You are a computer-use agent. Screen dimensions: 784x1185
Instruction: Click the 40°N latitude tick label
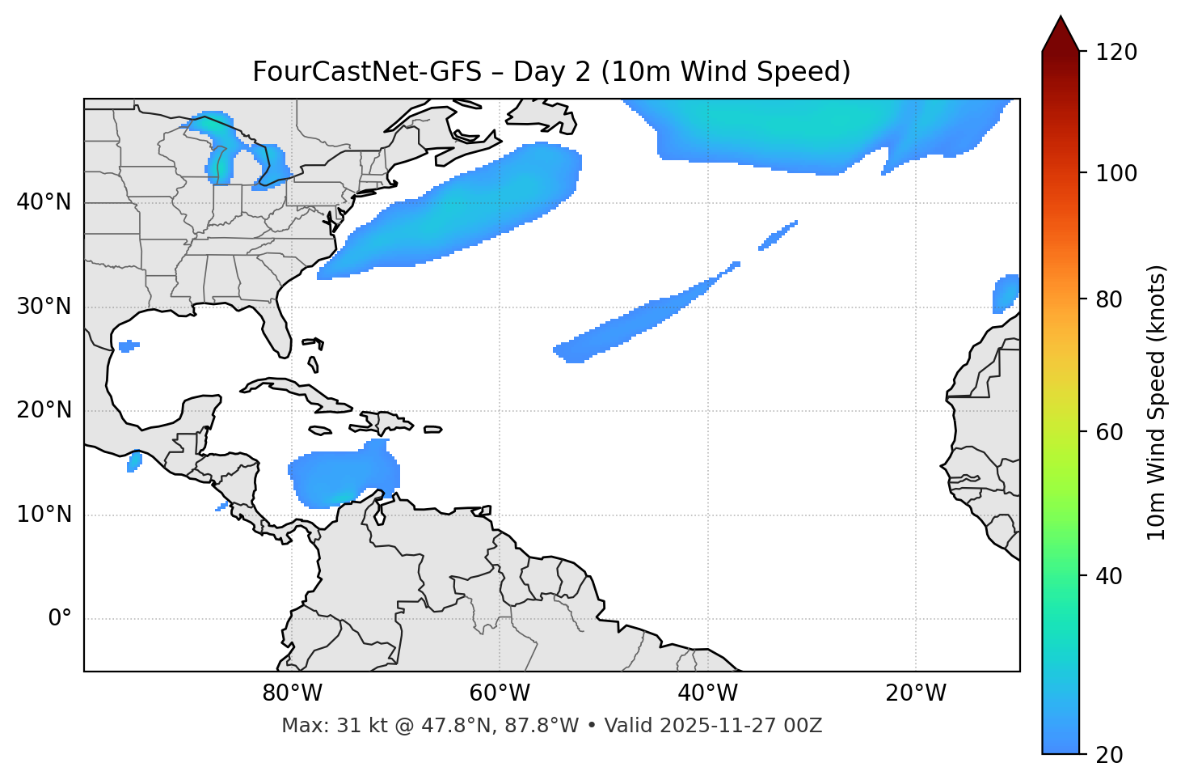point(44,202)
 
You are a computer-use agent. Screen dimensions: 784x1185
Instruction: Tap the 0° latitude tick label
point(60,619)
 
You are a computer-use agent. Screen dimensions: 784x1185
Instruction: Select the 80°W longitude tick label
point(292,693)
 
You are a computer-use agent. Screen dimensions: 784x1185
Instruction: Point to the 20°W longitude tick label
point(916,693)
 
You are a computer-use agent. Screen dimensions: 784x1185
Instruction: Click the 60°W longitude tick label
point(500,693)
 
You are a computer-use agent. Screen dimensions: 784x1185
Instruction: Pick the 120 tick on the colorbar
point(1116,52)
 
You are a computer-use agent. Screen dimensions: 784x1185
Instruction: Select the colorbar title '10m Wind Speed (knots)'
point(1157,403)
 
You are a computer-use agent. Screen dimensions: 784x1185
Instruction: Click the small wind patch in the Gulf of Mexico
point(128,347)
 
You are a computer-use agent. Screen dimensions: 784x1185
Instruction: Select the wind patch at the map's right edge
point(1006,294)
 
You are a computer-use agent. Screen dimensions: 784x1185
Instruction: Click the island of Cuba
point(295,392)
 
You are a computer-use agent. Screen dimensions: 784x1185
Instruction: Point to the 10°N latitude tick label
point(44,515)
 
